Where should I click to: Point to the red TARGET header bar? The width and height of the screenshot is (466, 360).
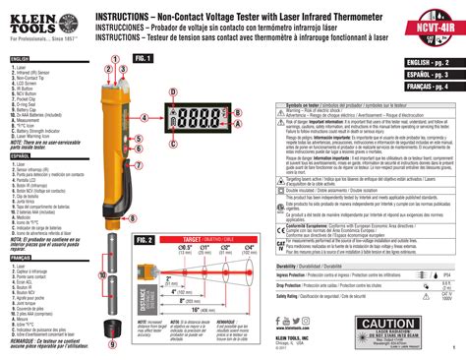coord(216,239)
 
